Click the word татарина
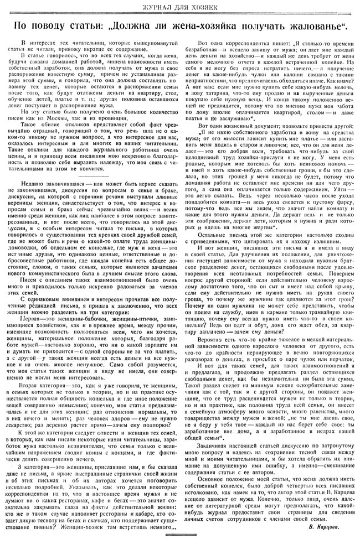tap(218, 92)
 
